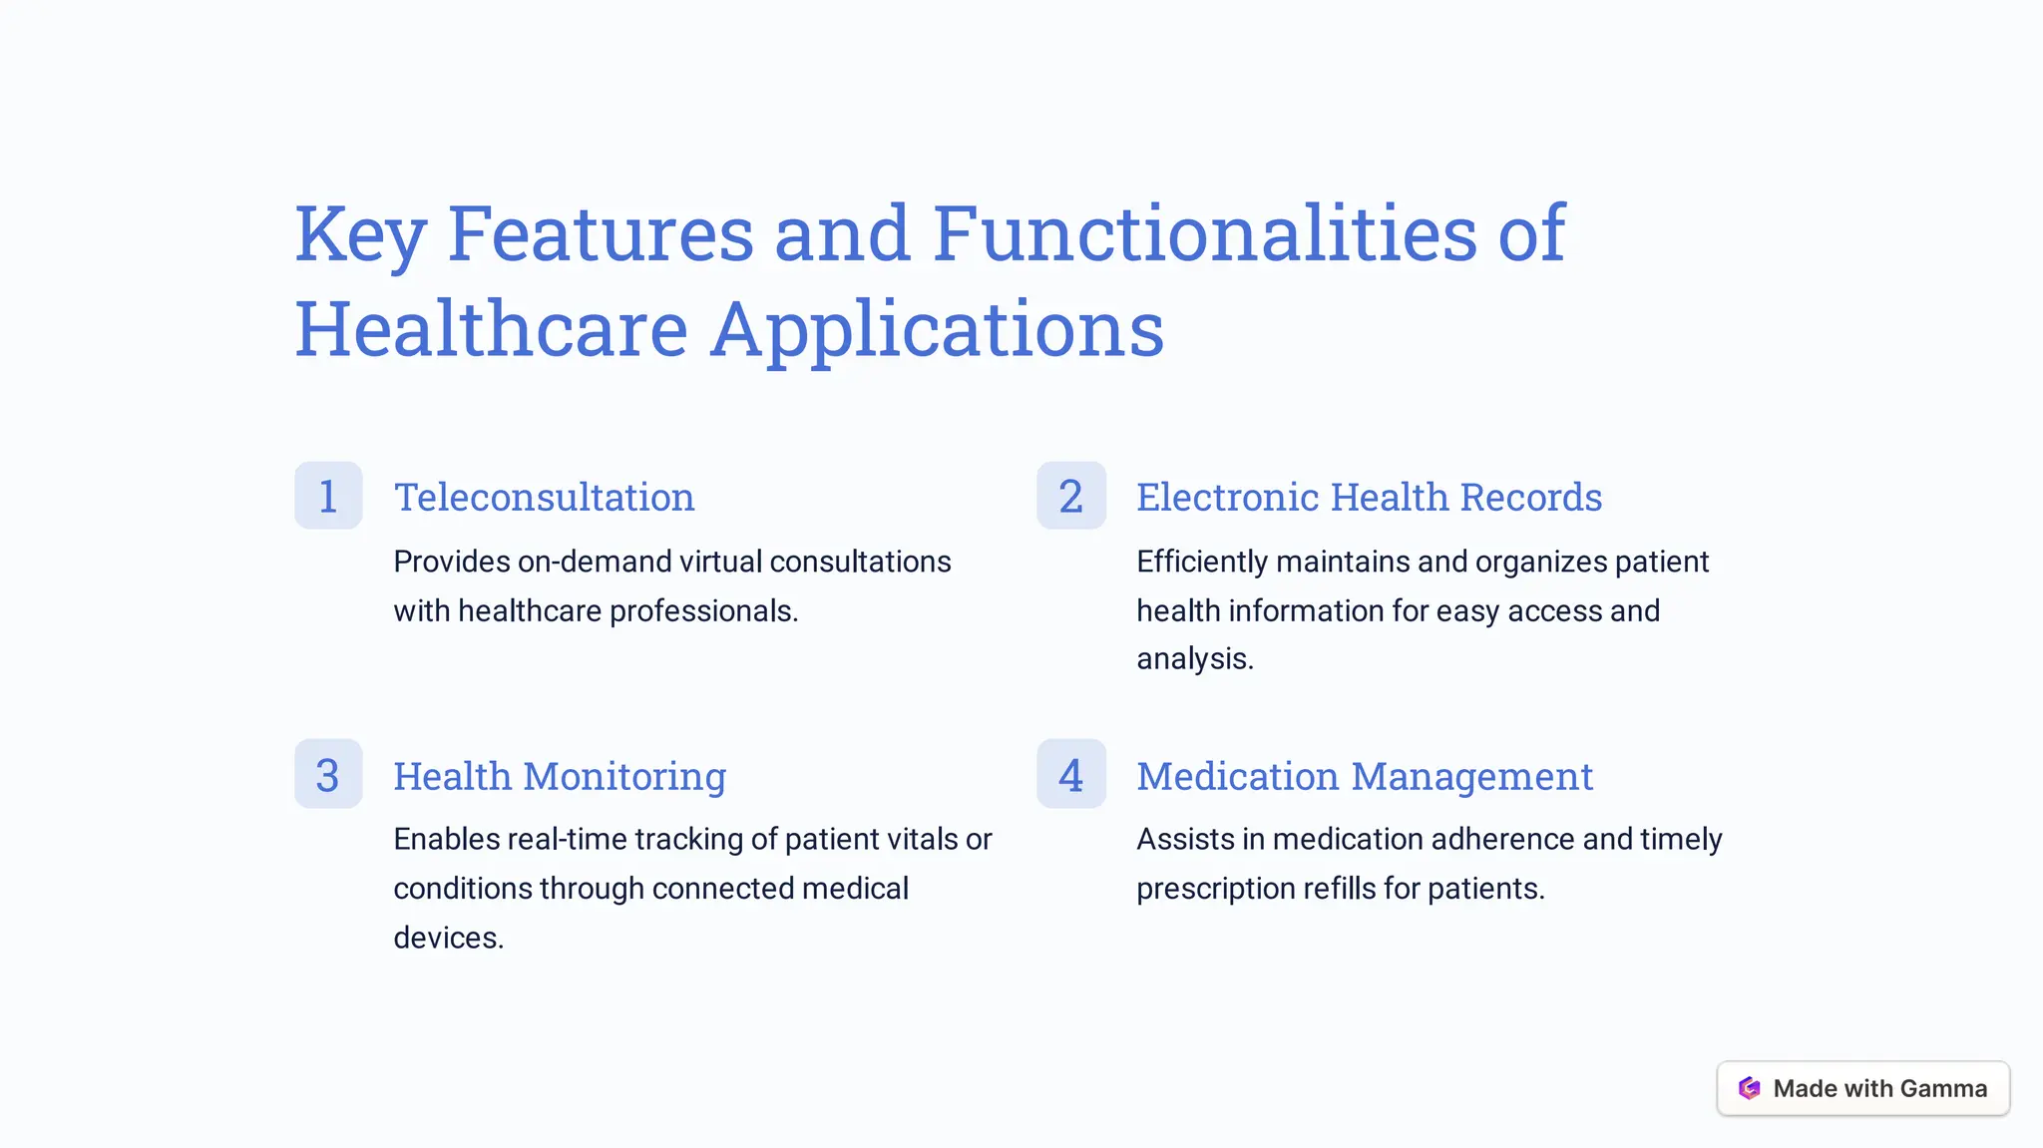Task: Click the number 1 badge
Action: (328, 496)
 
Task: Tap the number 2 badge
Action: (1070, 496)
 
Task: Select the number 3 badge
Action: (328, 774)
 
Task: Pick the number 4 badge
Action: (1070, 774)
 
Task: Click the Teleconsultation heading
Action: (544, 497)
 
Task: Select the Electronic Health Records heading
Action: (1369, 497)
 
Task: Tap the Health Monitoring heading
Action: (560, 776)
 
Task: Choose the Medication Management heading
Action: (1365, 776)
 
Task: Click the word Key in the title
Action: (360, 234)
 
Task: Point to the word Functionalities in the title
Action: (1204, 234)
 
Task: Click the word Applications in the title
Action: (937, 329)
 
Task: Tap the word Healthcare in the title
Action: (491, 329)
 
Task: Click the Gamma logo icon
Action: (1749, 1088)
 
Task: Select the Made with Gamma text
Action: (1879, 1088)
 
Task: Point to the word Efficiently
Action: (1202, 562)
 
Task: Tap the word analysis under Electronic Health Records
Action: (1194, 658)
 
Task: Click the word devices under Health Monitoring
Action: (448, 938)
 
